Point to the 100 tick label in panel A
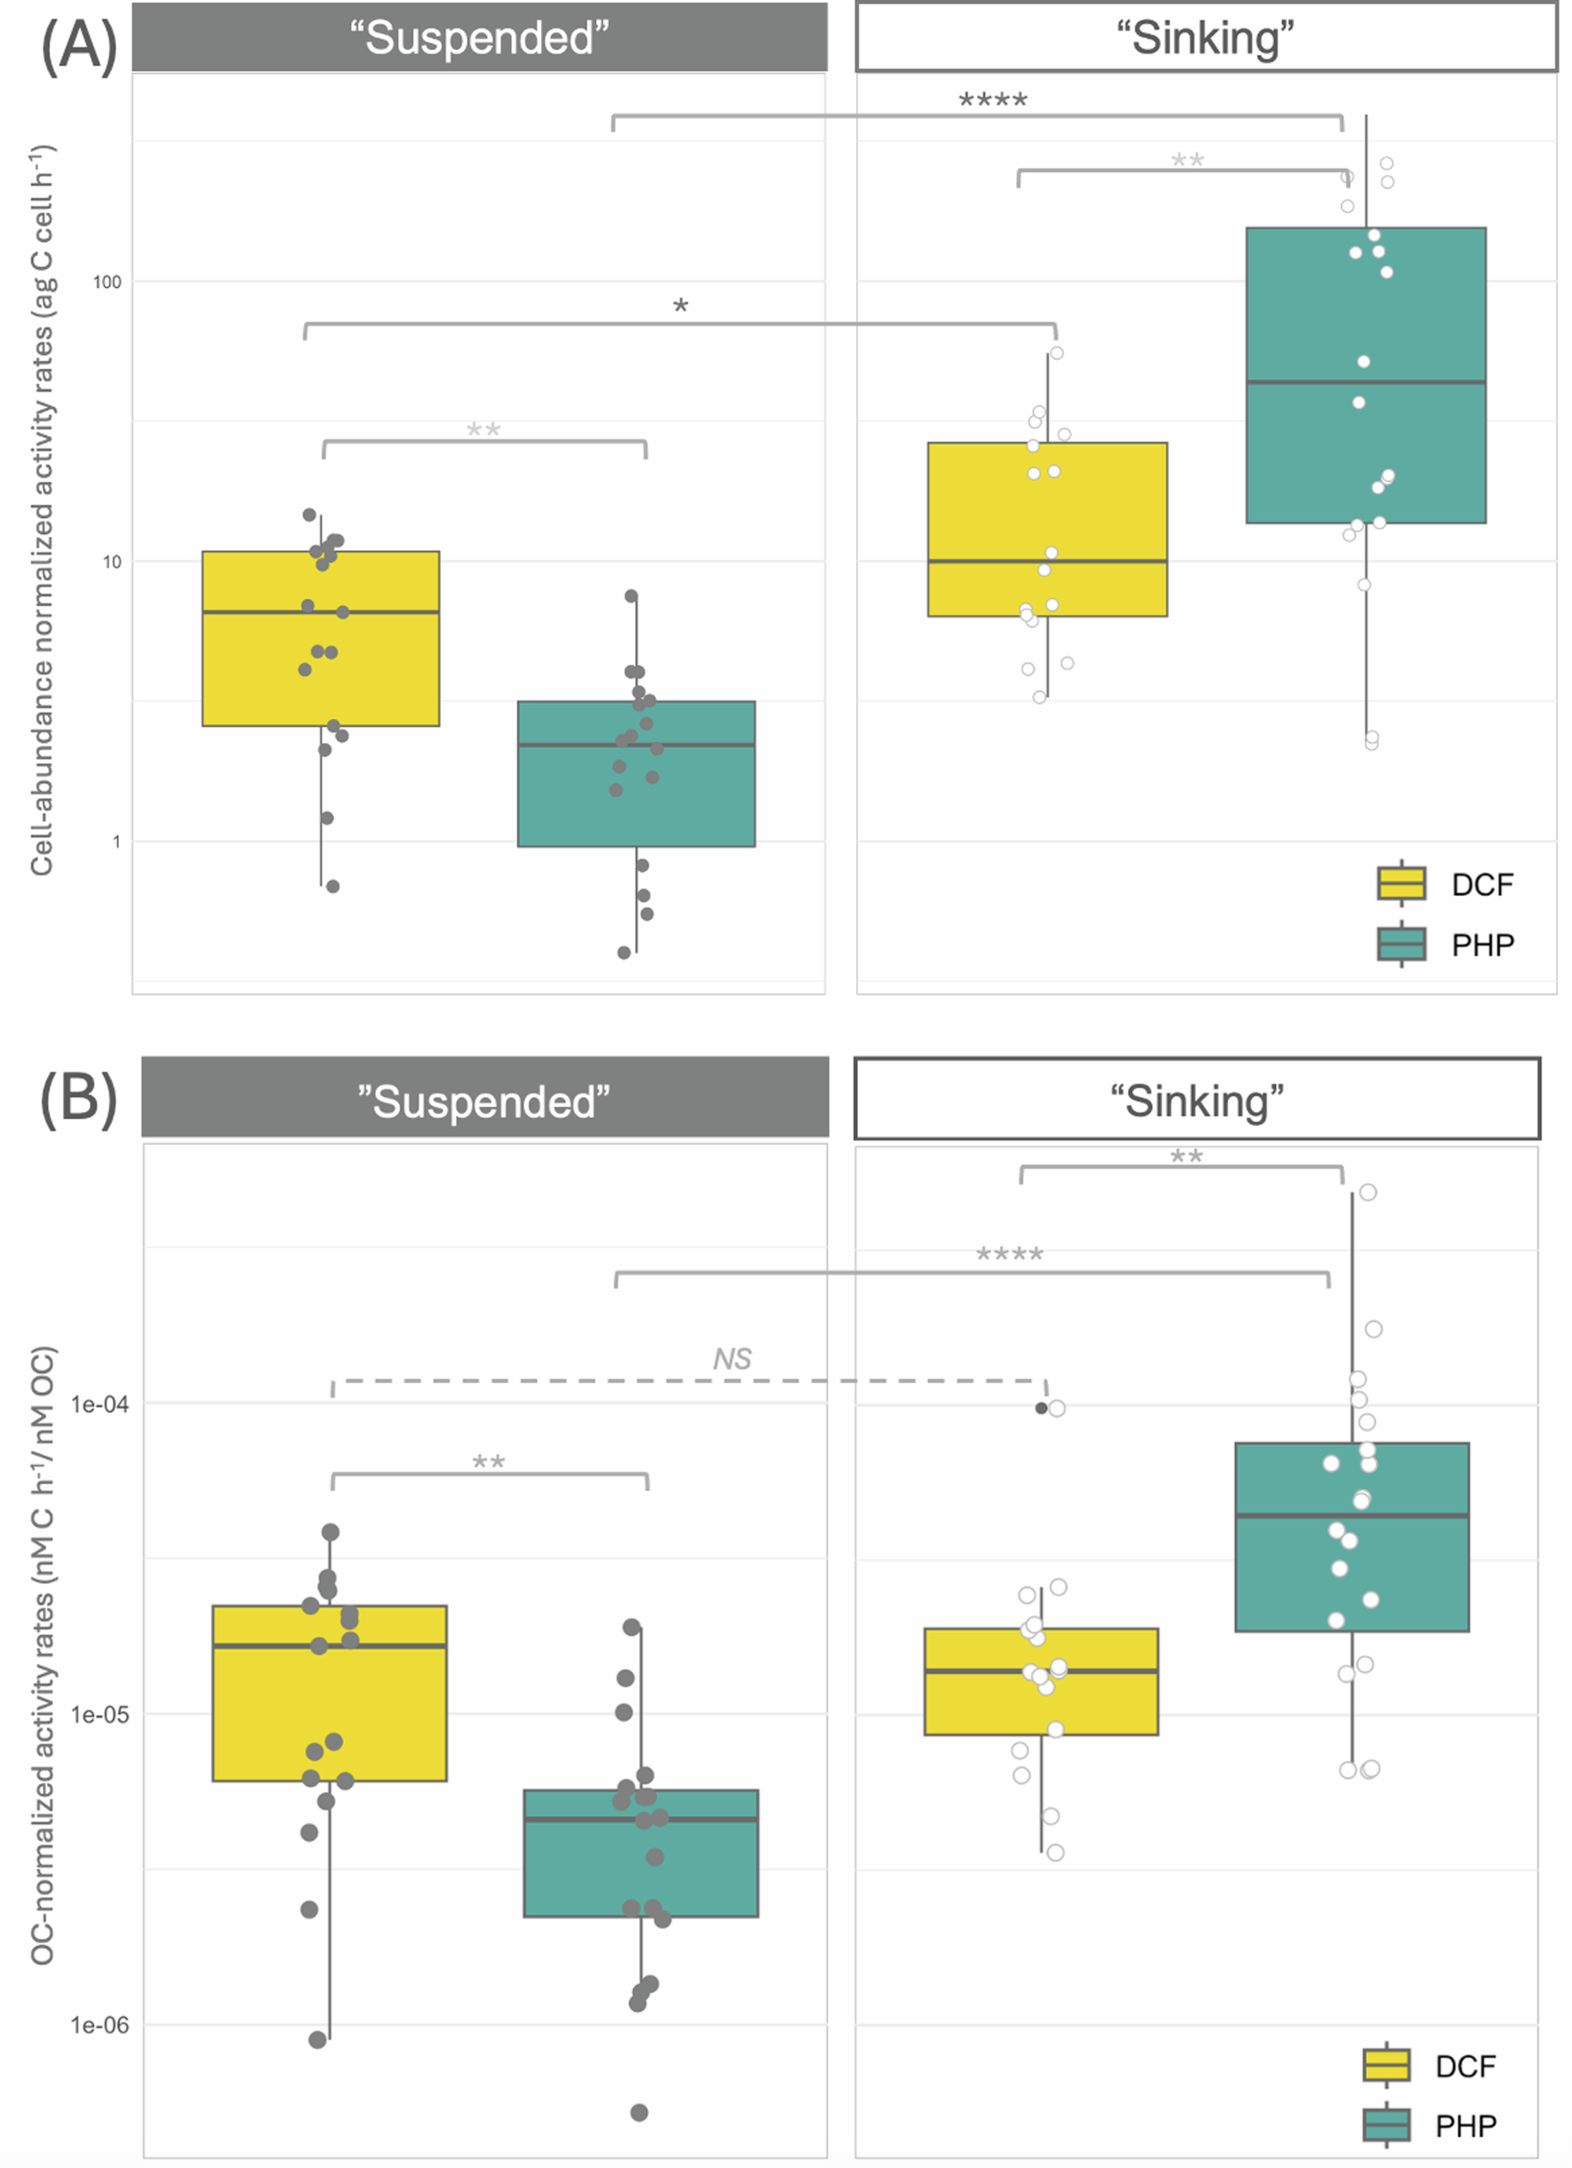tap(107, 282)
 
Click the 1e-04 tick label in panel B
tap(99, 1404)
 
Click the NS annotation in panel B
tap(732, 1358)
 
